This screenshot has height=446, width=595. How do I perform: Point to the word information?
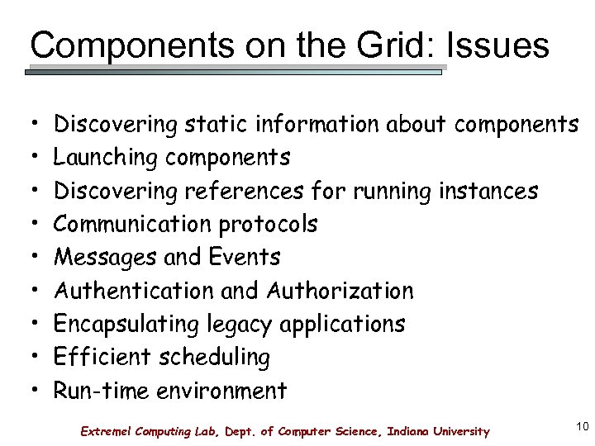pyautogui.click(x=320, y=125)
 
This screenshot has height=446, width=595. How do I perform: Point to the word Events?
pyautogui.click(x=245, y=257)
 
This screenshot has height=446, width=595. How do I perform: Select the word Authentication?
pyautogui.click(x=131, y=291)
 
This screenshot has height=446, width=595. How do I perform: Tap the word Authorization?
pyautogui.click(x=340, y=291)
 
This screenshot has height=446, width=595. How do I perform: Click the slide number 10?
pyautogui.click(x=581, y=427)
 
